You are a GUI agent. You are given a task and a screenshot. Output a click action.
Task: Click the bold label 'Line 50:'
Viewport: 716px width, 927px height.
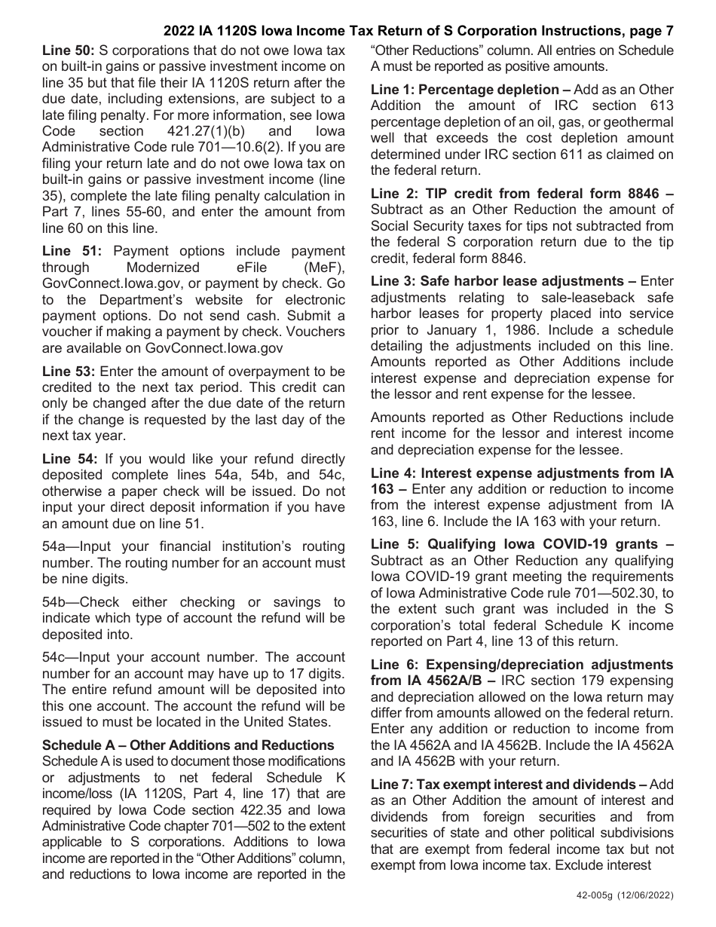[67, 51]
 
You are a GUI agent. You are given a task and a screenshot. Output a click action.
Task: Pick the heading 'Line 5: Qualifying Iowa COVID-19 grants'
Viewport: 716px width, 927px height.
[522, 544]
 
